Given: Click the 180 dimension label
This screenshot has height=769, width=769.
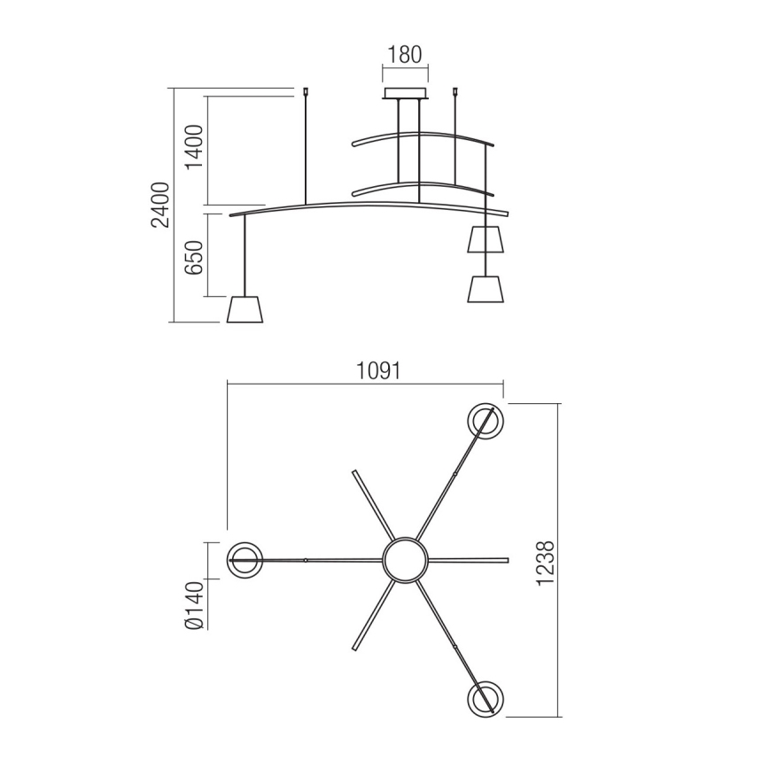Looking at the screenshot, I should click(x=404, y=55).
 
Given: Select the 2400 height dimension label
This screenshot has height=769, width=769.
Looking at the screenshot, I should click(x=159, y=205).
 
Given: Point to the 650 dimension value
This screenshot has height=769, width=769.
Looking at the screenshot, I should click(x=194, y=256).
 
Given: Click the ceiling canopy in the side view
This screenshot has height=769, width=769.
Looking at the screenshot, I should click(x=404, y=94).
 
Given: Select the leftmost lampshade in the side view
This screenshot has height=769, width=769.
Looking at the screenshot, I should click(x=245, y=310).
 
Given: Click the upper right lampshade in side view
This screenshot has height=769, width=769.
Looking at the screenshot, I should click(x=485, y=239).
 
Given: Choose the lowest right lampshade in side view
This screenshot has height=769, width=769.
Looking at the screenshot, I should click(x=485, y=289).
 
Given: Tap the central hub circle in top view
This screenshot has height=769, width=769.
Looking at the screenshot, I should click(x=405, y=560).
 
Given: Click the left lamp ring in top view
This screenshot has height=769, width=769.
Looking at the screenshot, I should click(x=245, y=560).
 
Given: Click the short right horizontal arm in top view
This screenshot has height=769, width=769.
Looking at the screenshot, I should click(x=470, y=560).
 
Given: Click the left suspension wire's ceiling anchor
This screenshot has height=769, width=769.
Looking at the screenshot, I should click(x=305, y=90).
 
